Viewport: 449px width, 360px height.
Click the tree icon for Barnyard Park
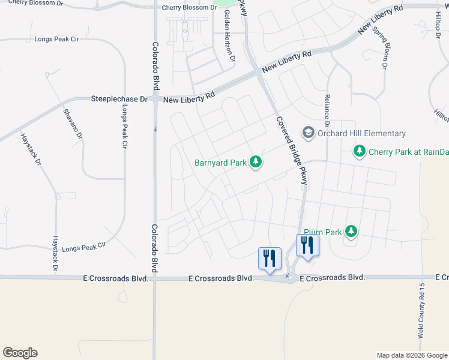coord(256,162)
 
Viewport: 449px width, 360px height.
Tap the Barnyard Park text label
coord(220,163)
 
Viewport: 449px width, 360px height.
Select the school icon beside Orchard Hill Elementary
coord(309,133)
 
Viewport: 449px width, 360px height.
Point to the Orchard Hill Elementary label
coord(362,133)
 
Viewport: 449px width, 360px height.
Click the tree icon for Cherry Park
coord(360,151)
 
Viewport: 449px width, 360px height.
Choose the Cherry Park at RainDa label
coord(409,152)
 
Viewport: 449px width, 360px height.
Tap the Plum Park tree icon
coord(351,231)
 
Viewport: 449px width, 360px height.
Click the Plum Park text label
coord(322,232)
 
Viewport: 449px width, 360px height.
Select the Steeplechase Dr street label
coord(119,98)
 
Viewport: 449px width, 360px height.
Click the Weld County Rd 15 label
coord(421,311)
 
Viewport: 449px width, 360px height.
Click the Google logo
coord(20,353)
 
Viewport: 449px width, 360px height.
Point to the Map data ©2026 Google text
coord(411,355)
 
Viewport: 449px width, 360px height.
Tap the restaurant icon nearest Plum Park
coord(307,245)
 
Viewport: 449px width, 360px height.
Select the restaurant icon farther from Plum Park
coord(268,258)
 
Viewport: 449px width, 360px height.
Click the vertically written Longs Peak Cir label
coord(125,127)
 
